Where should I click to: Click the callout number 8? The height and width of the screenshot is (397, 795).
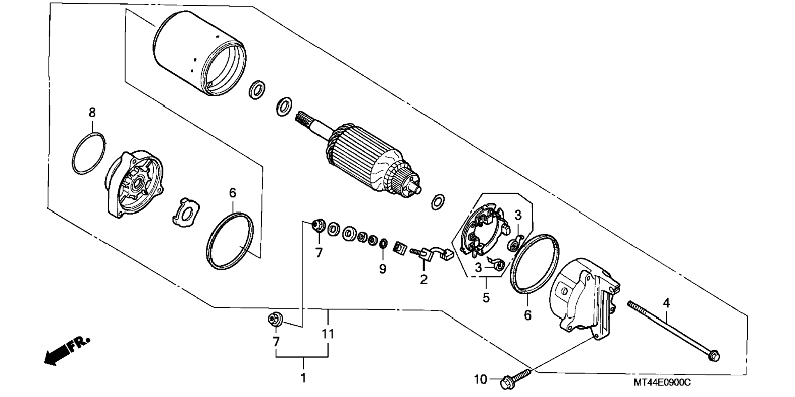[x=92, y=112]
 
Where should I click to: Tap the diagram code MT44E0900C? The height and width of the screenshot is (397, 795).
[x=662, y=383]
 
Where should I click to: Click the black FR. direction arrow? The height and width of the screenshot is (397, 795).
[x=66, y=351]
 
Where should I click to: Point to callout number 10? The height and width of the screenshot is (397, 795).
[x=480, y=379]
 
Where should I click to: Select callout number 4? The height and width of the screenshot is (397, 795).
[x=666, y=303]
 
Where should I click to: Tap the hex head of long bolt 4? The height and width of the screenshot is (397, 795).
[x=714, y=355]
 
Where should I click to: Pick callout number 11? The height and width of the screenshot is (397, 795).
[x=328, y=334]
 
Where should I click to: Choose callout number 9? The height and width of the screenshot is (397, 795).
[x=383, y=269]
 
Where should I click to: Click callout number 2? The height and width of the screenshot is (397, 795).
[x=424, y=279]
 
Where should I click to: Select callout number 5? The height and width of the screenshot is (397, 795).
[x=486, y=297]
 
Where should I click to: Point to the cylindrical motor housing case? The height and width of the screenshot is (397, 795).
[x=199, y=53]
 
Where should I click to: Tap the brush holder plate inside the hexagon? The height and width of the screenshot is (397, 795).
[x=485, y=230]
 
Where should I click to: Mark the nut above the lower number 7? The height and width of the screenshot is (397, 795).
[x=274, y=319]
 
